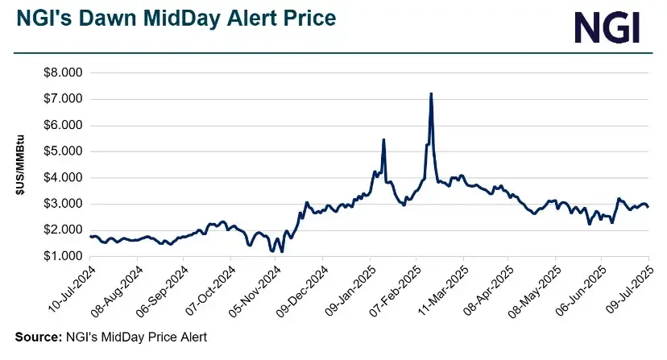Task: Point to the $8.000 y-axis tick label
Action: coord(62,72)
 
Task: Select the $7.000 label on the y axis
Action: coord(62,99)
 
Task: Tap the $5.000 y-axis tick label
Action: coord(62,151)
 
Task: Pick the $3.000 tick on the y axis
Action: coord(62,204)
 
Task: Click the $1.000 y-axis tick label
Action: coord(62,256)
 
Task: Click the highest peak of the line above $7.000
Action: coord(431,93)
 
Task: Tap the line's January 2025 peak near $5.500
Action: coord(383,139)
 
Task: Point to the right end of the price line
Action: coord(648,207)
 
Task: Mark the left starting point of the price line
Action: coord(90,236)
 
